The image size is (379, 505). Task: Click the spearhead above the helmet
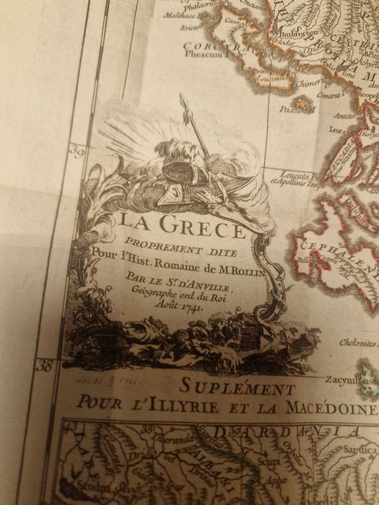coord(184,101)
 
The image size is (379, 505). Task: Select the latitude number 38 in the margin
coord(45,366)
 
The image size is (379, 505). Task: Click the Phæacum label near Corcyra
coord(204,53)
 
